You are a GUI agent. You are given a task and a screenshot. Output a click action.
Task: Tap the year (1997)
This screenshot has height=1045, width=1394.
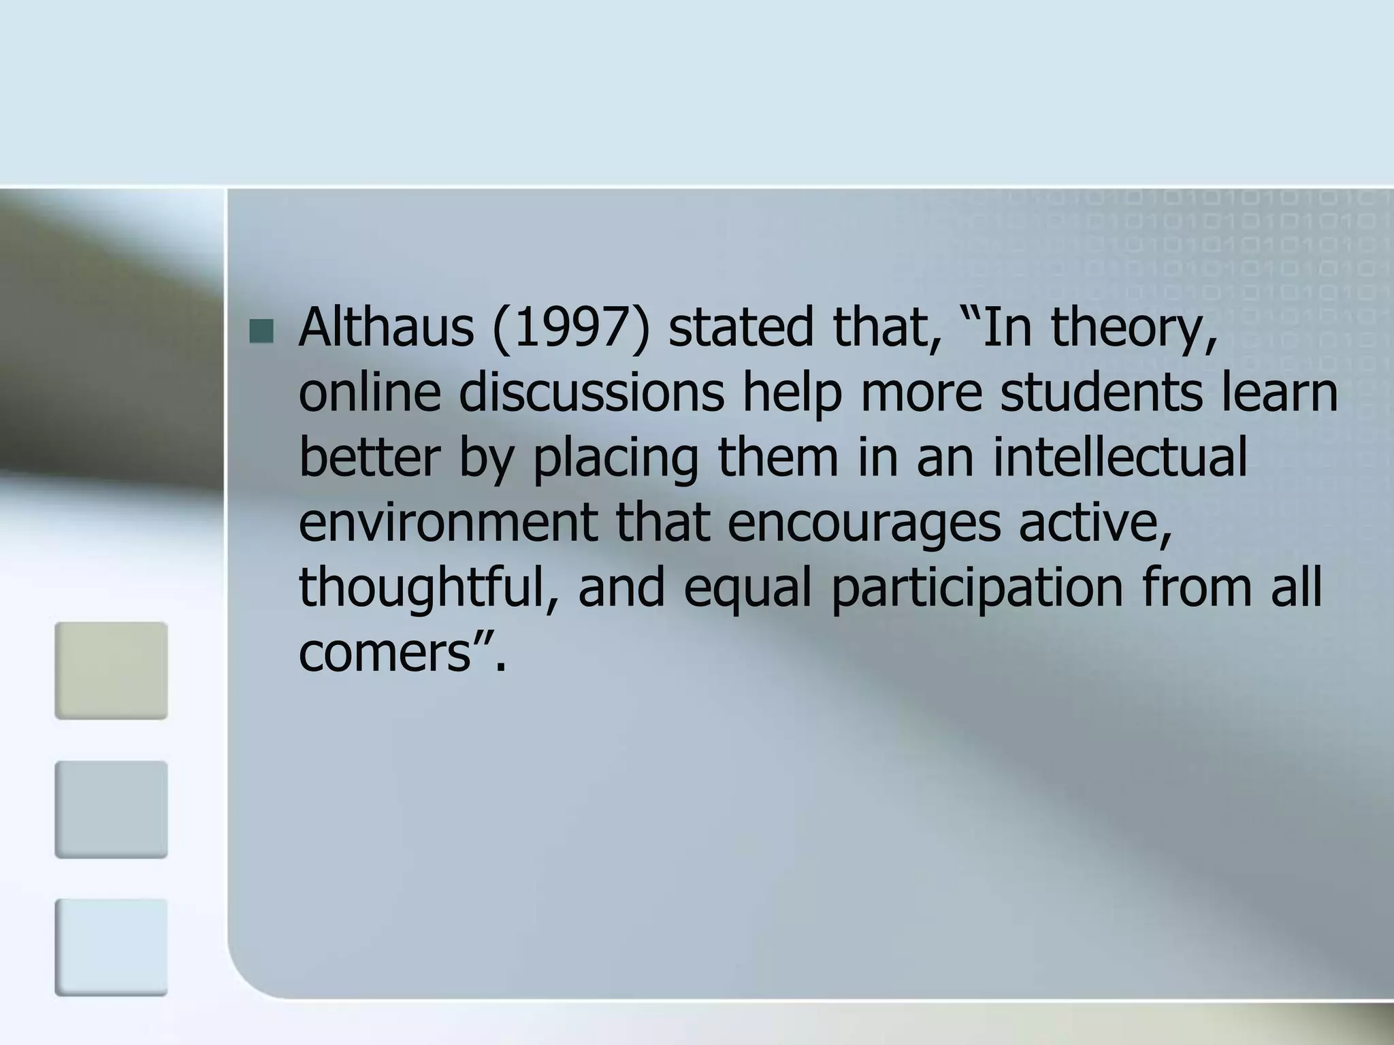pos(570,328)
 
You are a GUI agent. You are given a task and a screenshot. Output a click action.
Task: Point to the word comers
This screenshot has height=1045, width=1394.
pos(385,653)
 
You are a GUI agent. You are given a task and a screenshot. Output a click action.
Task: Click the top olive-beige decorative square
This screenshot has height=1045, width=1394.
pos(111,670)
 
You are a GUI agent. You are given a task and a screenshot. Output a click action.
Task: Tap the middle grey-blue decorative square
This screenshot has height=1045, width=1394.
pos(111,809)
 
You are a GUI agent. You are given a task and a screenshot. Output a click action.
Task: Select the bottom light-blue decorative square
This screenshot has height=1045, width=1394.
pos(111,947)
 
